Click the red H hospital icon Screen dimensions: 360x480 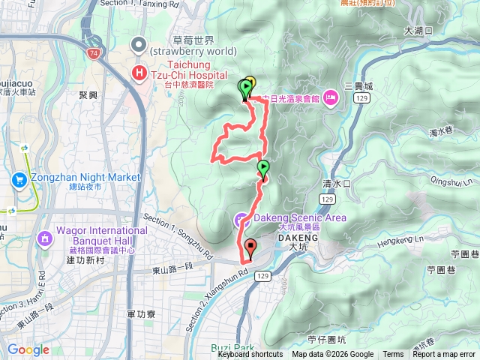click(x=139, y=72)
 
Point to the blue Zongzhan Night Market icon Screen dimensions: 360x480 click(x=19, y=178)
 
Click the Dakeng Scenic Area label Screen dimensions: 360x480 click(x=289, y=217)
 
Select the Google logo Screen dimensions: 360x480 click(x=28, y=349)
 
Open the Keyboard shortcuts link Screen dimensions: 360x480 click(x=250, y=355)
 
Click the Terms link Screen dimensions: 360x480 click(x=393, y=355)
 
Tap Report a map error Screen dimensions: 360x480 click(x=445, y=355)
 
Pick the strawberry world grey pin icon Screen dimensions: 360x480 click(x=138, y=45)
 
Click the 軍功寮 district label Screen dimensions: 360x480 click(x=141, y=294)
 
